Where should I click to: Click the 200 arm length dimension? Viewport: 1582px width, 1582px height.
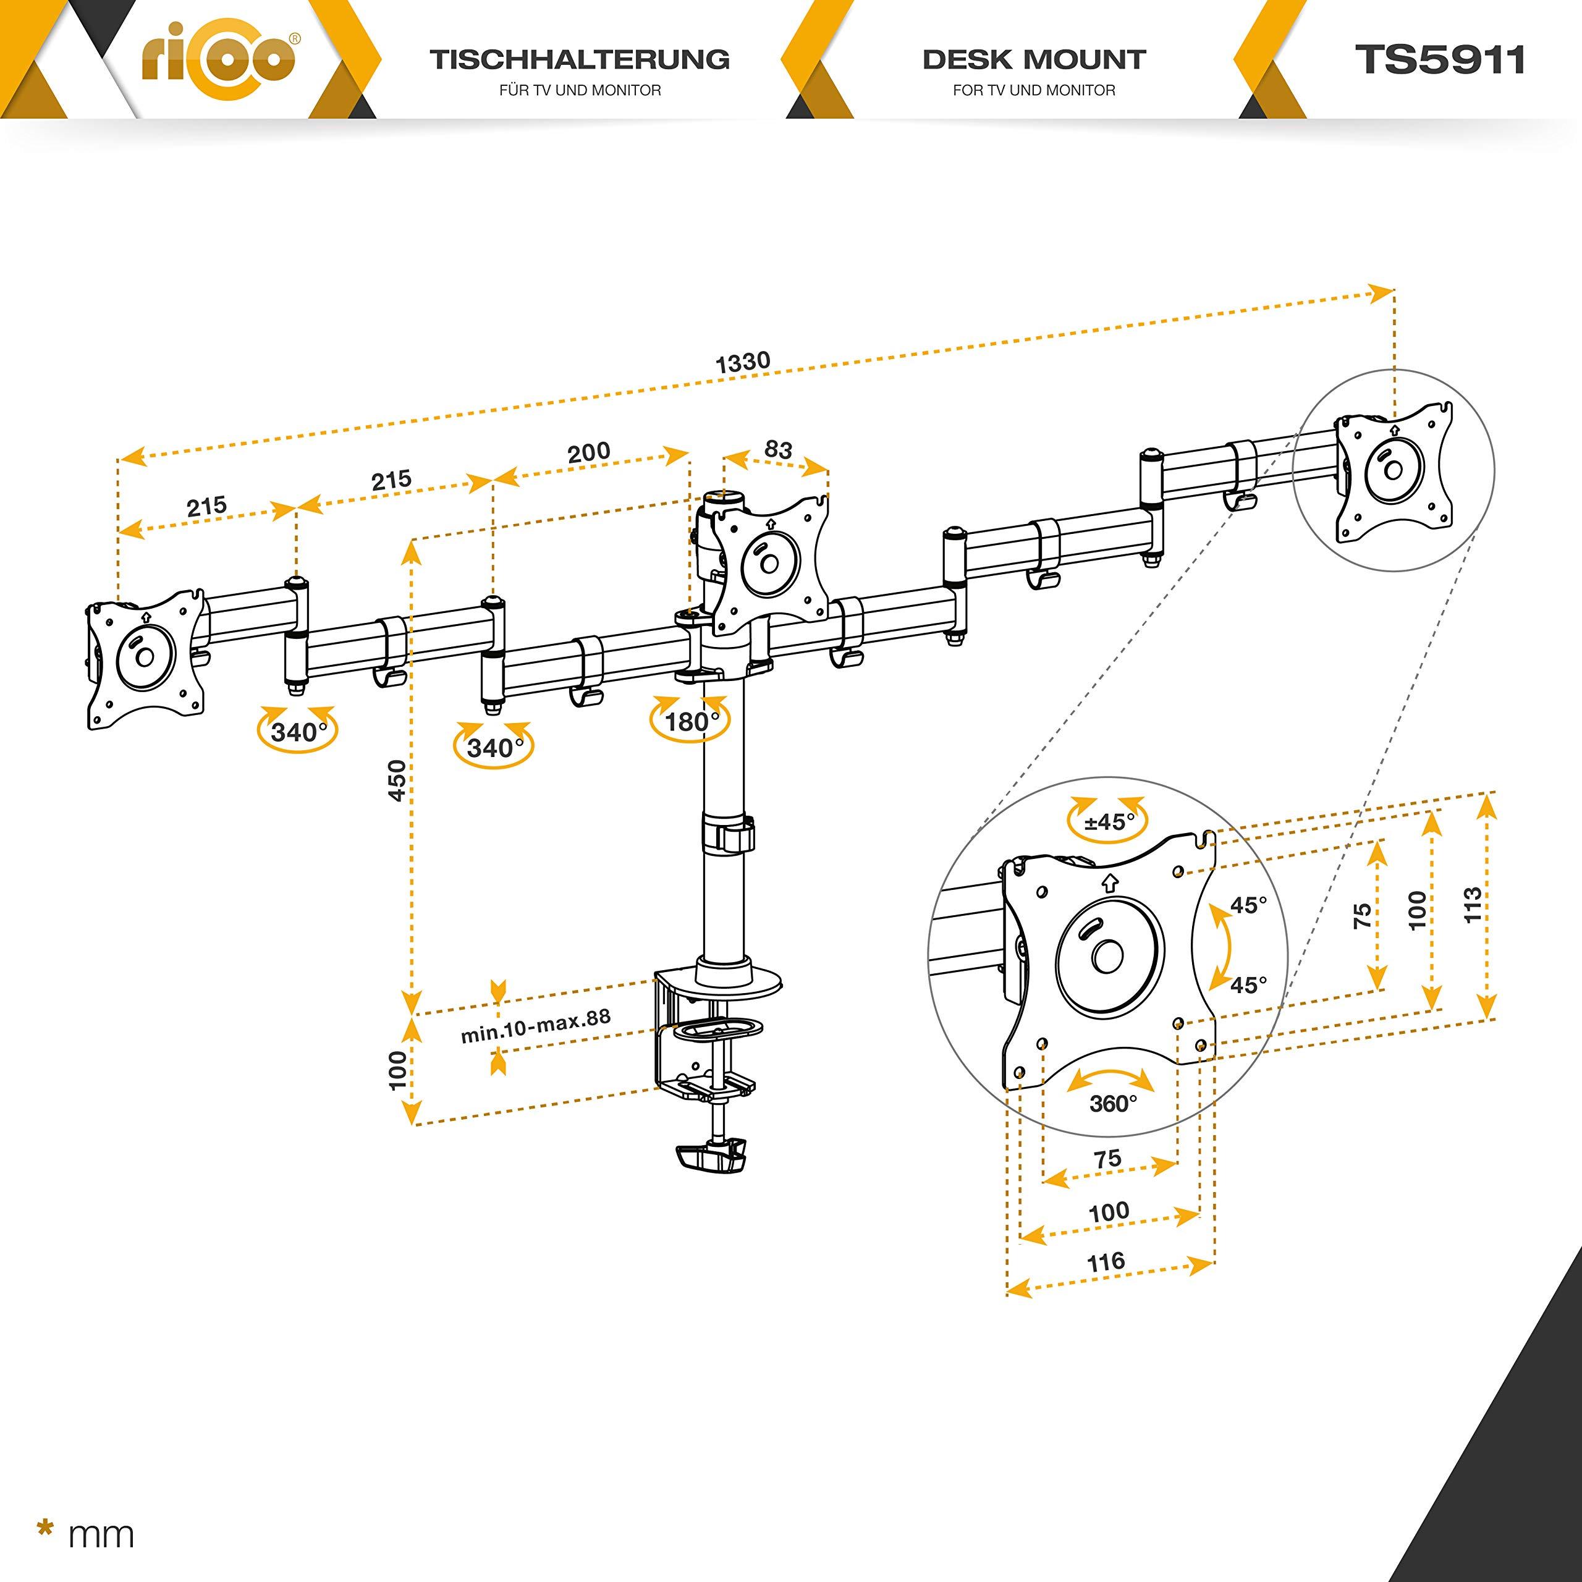[x=589, y=452]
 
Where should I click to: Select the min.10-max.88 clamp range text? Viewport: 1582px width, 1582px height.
[x=536, y=1026]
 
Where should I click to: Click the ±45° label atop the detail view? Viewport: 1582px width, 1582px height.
[x=1109, y=821]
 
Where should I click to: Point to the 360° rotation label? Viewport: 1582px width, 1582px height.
[x=1113, y=1104]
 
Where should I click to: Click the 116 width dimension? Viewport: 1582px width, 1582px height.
[x=1106, y=1262]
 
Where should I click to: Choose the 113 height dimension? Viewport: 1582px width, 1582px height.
[x=1471, y=904]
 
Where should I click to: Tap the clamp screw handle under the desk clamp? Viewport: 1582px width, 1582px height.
[x=711, y=1157]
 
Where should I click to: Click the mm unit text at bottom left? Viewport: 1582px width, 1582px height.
[x=101, y=1534]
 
